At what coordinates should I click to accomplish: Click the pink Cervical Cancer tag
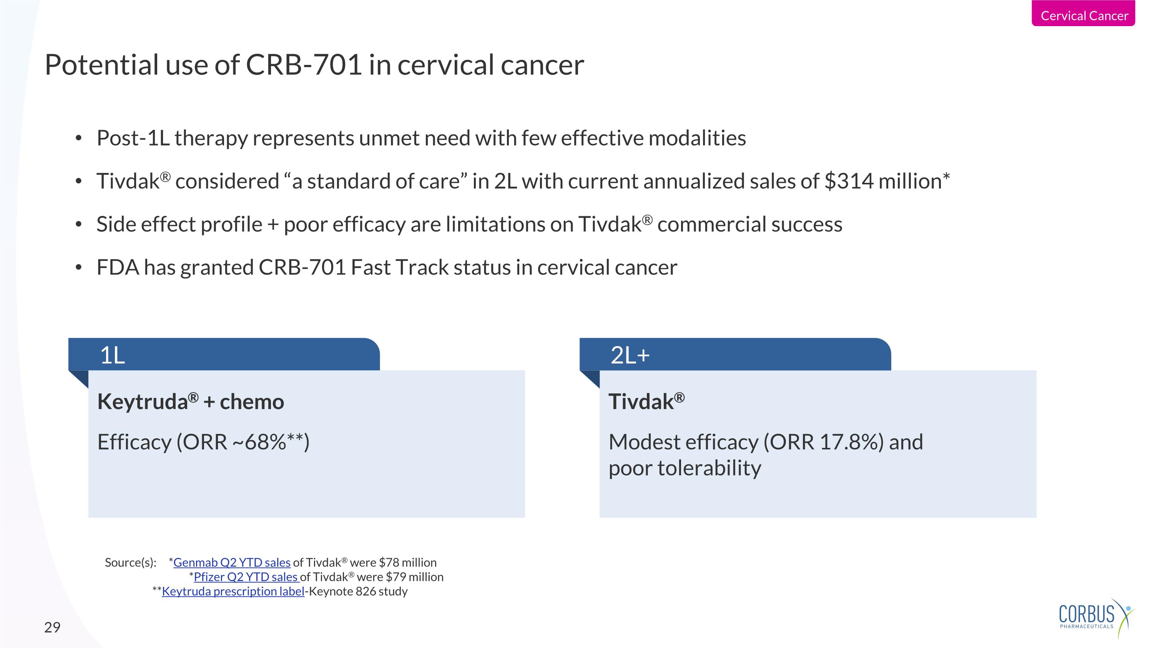(1083, 15)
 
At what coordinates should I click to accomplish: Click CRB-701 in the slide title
(304, 65)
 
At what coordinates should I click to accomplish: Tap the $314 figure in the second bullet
(848, 182)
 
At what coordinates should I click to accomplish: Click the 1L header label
(112, 356)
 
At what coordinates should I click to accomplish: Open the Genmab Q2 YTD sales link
(232, 563)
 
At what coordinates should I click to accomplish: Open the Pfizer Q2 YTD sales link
(246, 577)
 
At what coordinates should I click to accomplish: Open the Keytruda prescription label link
(233, 591)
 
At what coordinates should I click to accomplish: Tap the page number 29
(52, 627)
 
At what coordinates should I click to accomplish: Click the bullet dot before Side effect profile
(79, 224)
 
